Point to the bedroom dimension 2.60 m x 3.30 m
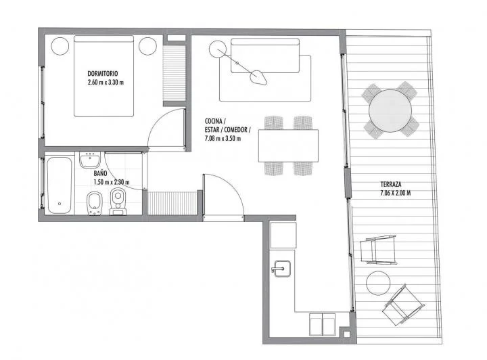click(x=106, y=83)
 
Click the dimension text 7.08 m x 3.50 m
click(x=223, y=139)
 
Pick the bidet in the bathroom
click(x=93, y=203)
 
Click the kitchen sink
click(x=281, y=269)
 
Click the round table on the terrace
click(x=390, y=109)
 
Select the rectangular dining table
click(x=288, y=145)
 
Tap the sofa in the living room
click(x=265, y=52)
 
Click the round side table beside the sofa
click(x=217, y=49)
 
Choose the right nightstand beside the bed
click(x=147, y=46)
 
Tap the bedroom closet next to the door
click(x=174, y=73)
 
